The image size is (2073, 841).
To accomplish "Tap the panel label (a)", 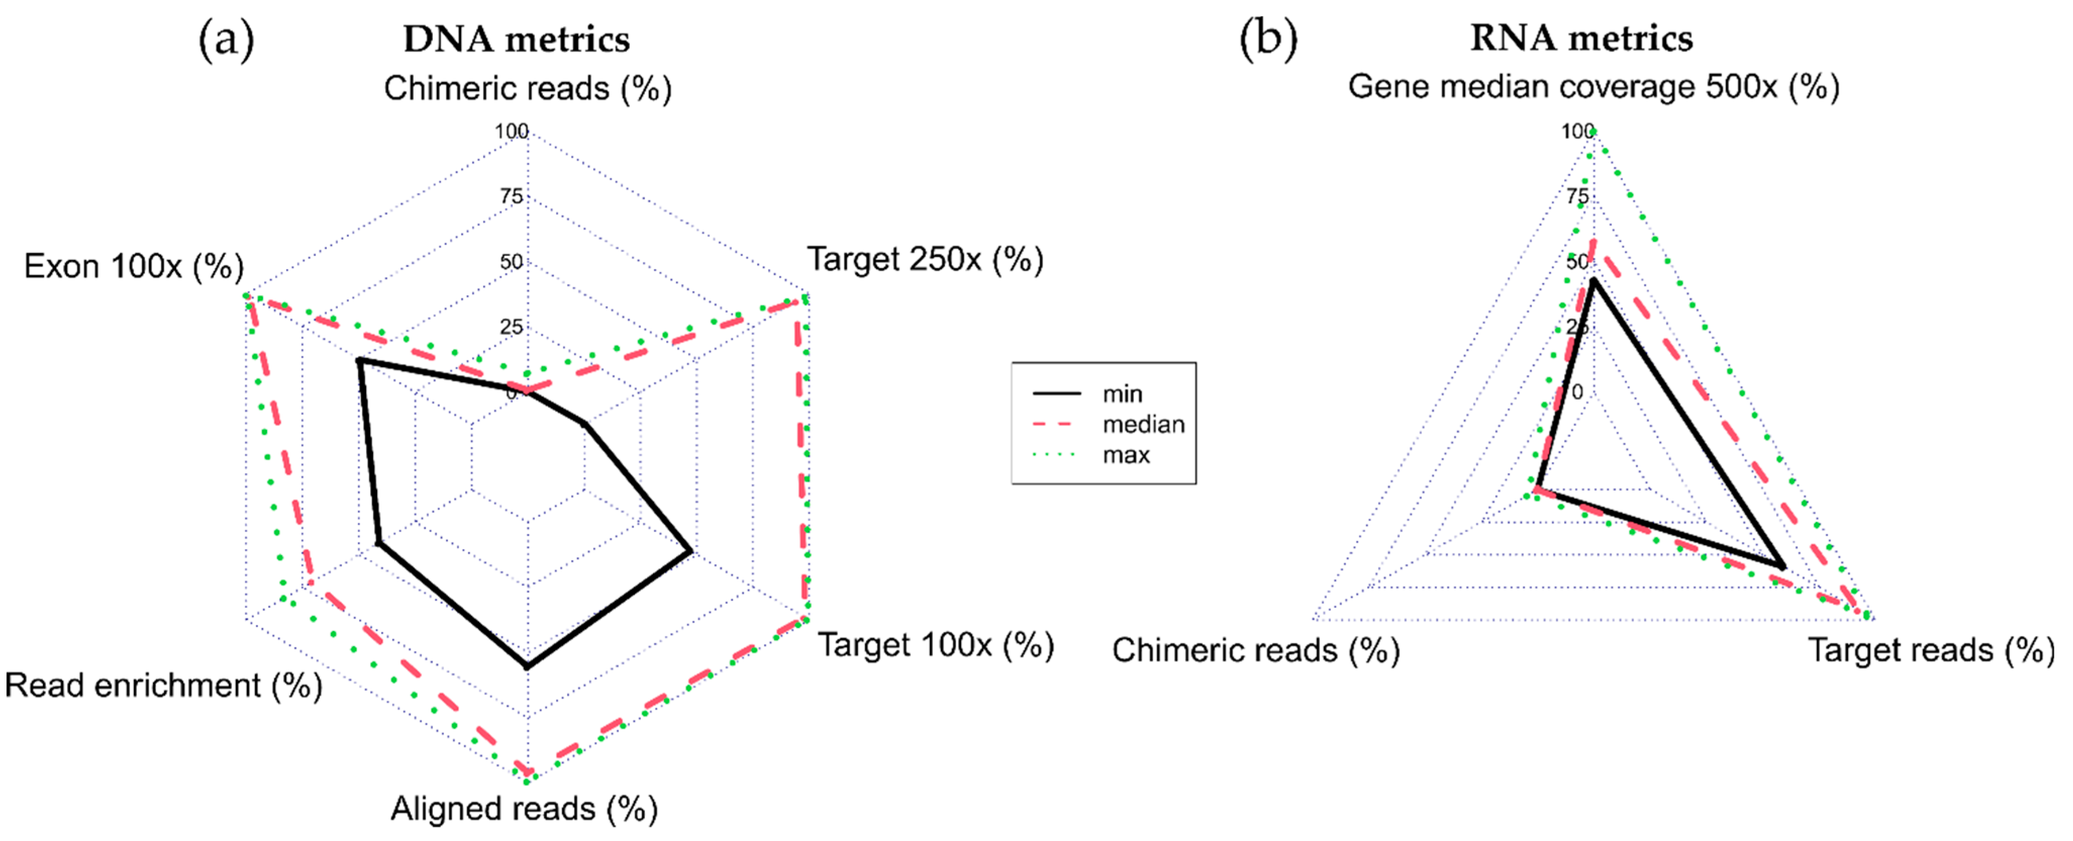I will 226,39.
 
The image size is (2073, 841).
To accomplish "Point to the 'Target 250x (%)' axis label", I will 926,259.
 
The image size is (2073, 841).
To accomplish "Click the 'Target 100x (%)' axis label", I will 936,646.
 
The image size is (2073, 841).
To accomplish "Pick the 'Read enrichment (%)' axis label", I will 163,686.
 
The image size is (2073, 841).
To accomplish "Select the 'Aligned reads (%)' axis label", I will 524,809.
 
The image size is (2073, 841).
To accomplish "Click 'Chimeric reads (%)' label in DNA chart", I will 527,88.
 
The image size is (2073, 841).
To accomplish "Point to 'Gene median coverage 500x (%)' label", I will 1593,87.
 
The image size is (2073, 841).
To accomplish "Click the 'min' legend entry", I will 1122,394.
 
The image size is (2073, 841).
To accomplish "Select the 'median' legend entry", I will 1143,424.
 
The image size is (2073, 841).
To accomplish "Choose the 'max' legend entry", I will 1126,455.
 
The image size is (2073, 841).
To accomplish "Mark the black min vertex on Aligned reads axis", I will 527,666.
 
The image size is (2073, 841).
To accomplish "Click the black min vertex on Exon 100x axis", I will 360,360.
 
